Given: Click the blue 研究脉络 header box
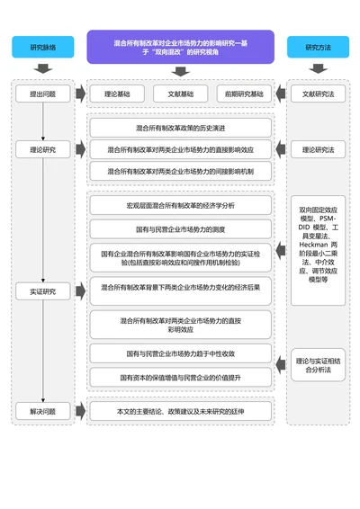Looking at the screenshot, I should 41,47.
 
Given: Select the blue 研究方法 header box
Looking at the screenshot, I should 317,47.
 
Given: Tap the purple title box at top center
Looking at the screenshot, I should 180,47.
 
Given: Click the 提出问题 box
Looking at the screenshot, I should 42,94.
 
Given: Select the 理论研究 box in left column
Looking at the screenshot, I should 42,149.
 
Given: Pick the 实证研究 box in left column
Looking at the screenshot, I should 42,290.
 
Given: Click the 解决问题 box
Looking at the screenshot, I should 42,411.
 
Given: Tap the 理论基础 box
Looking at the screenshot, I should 116,94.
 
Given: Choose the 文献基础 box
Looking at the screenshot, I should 179,94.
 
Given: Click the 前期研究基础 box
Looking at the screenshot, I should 244,94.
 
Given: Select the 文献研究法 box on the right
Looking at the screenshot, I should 317,94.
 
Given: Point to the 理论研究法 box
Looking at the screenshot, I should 317,149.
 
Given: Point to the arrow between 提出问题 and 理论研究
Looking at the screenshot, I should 42,121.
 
